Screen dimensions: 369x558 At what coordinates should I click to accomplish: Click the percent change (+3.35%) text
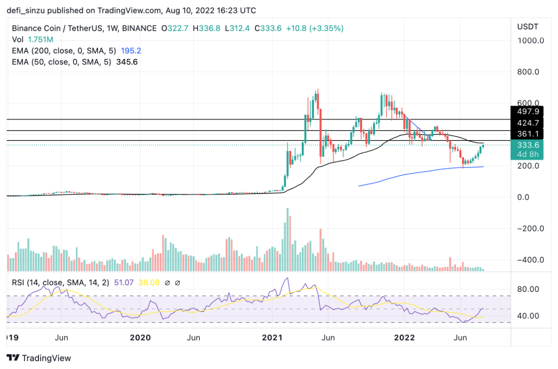pos(325,29)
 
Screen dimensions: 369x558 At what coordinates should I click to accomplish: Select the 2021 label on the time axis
pos(273,337)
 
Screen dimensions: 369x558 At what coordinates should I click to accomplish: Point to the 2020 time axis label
pos(140,337)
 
